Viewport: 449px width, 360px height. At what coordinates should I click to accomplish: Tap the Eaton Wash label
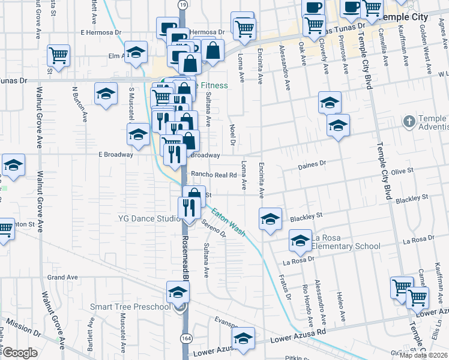(228, 221)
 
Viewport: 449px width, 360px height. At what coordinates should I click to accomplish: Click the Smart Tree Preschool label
(130, 307)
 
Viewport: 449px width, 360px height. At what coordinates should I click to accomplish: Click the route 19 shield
(182, 5)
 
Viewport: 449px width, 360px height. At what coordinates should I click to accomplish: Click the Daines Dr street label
(312, 163)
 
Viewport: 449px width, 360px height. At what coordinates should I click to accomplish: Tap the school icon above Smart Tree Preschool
(178, 292)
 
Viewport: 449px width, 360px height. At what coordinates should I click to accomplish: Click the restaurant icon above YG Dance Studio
(188, 208)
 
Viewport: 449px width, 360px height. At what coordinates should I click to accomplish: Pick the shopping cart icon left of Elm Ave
(59, 56)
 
